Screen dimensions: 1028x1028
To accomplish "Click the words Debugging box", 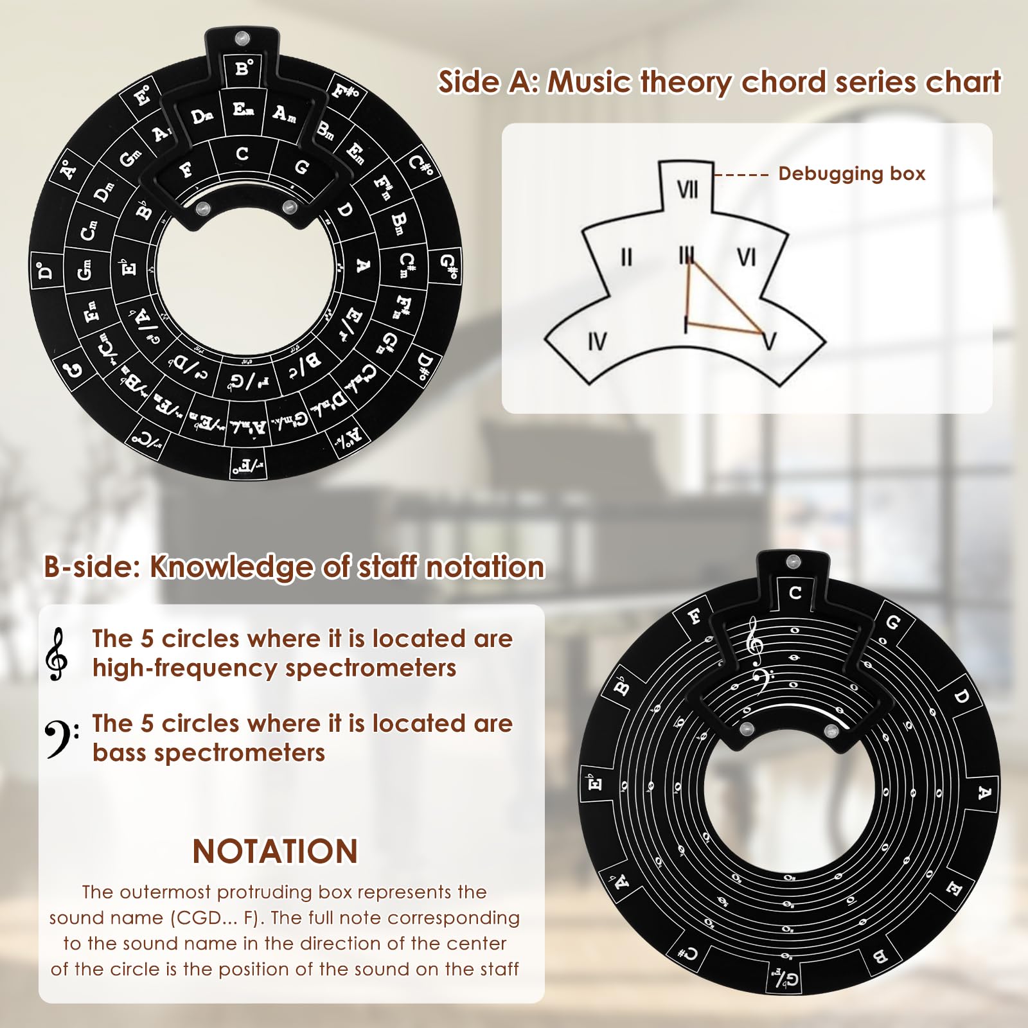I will [x=851, y=173].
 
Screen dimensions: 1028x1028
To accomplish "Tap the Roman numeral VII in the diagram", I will [x=687, y=190].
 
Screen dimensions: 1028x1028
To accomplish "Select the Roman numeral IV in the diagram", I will [x=597, y=341].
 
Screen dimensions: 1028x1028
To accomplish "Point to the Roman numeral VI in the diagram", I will [x=746, y=257].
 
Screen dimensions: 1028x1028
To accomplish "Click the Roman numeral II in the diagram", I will [x=626, y=257].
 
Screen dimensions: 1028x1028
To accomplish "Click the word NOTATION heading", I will [x=275, y=851].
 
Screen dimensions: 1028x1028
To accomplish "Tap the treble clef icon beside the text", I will [x=58, y=653].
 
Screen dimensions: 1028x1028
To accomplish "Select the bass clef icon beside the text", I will [x=61, y=739].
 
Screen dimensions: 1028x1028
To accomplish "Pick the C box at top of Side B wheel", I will [x=795, y=592].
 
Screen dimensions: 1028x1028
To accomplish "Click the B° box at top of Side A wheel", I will [x=244, y=67].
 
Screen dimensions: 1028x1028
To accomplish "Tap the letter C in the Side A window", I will [x=242, y=154].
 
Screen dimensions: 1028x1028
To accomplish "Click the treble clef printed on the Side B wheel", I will [x=754, y=644].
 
